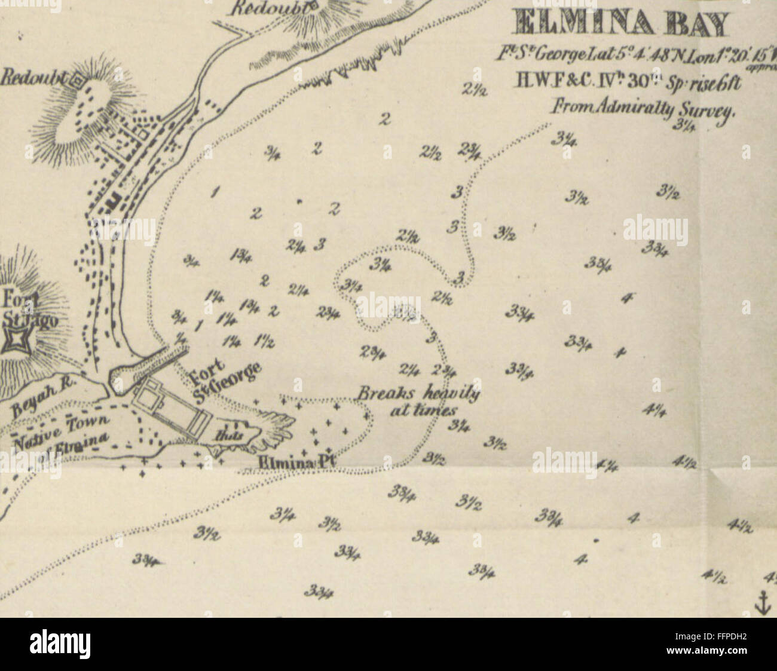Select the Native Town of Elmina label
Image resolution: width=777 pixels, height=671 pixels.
click(x=63, y=434)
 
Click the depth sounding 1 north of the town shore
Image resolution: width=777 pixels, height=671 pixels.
click(x=214, y=192)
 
